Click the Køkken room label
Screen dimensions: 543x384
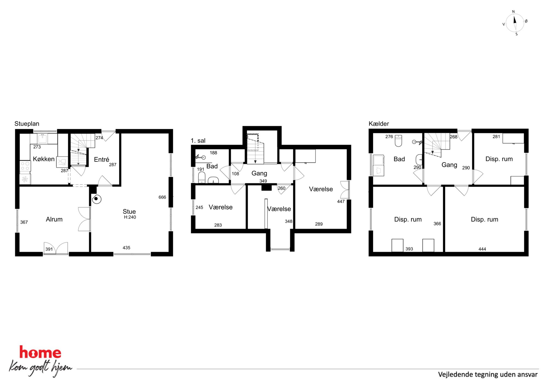coord(44,159)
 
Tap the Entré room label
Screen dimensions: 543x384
coord(102,160)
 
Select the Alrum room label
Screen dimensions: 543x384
coord(54,219)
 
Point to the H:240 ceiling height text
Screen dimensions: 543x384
coord(130,217)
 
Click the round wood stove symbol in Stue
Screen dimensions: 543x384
coord(96,199)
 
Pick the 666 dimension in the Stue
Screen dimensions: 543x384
coord(162,197)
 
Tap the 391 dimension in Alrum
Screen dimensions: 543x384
coord(49,249)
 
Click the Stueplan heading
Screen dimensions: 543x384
coord(27,124)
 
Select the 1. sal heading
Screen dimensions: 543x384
coord(198,141)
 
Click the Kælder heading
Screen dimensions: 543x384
coord(379,124)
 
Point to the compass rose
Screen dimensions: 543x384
coord(515,23)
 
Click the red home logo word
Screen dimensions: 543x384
coord(40,352)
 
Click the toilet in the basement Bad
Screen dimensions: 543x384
coord(398,141)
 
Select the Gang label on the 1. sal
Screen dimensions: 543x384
coord(259,173)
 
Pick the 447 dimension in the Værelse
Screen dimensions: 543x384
coord(341,202)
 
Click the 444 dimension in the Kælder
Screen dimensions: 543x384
coord(482,249)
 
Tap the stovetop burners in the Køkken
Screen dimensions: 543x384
coord(25,166)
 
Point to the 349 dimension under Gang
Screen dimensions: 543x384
coord(263,181)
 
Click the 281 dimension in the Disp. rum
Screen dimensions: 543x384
coord(496,137)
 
